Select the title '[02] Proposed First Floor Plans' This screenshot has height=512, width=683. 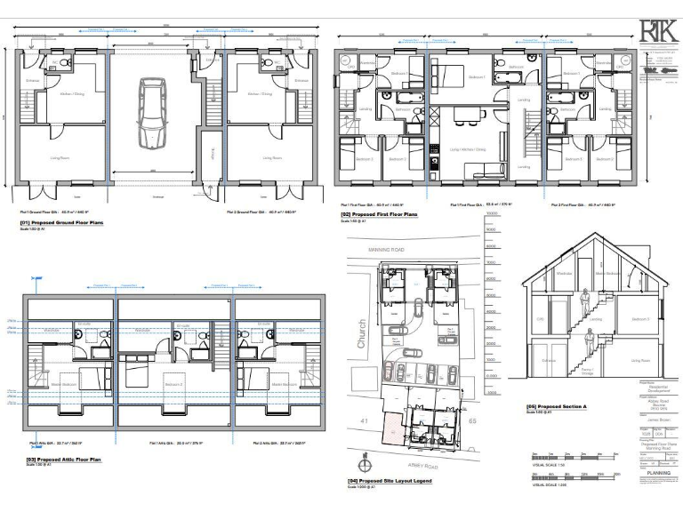pyautogui.click(x=374, y=214)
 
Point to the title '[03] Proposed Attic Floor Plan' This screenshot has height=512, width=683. pyautogui.click(x=53, y=460)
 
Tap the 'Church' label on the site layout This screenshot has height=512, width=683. pyautogui.click(x=360, y=333)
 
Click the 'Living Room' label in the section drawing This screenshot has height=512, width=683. pyautogui.click(x=643, y=361)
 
